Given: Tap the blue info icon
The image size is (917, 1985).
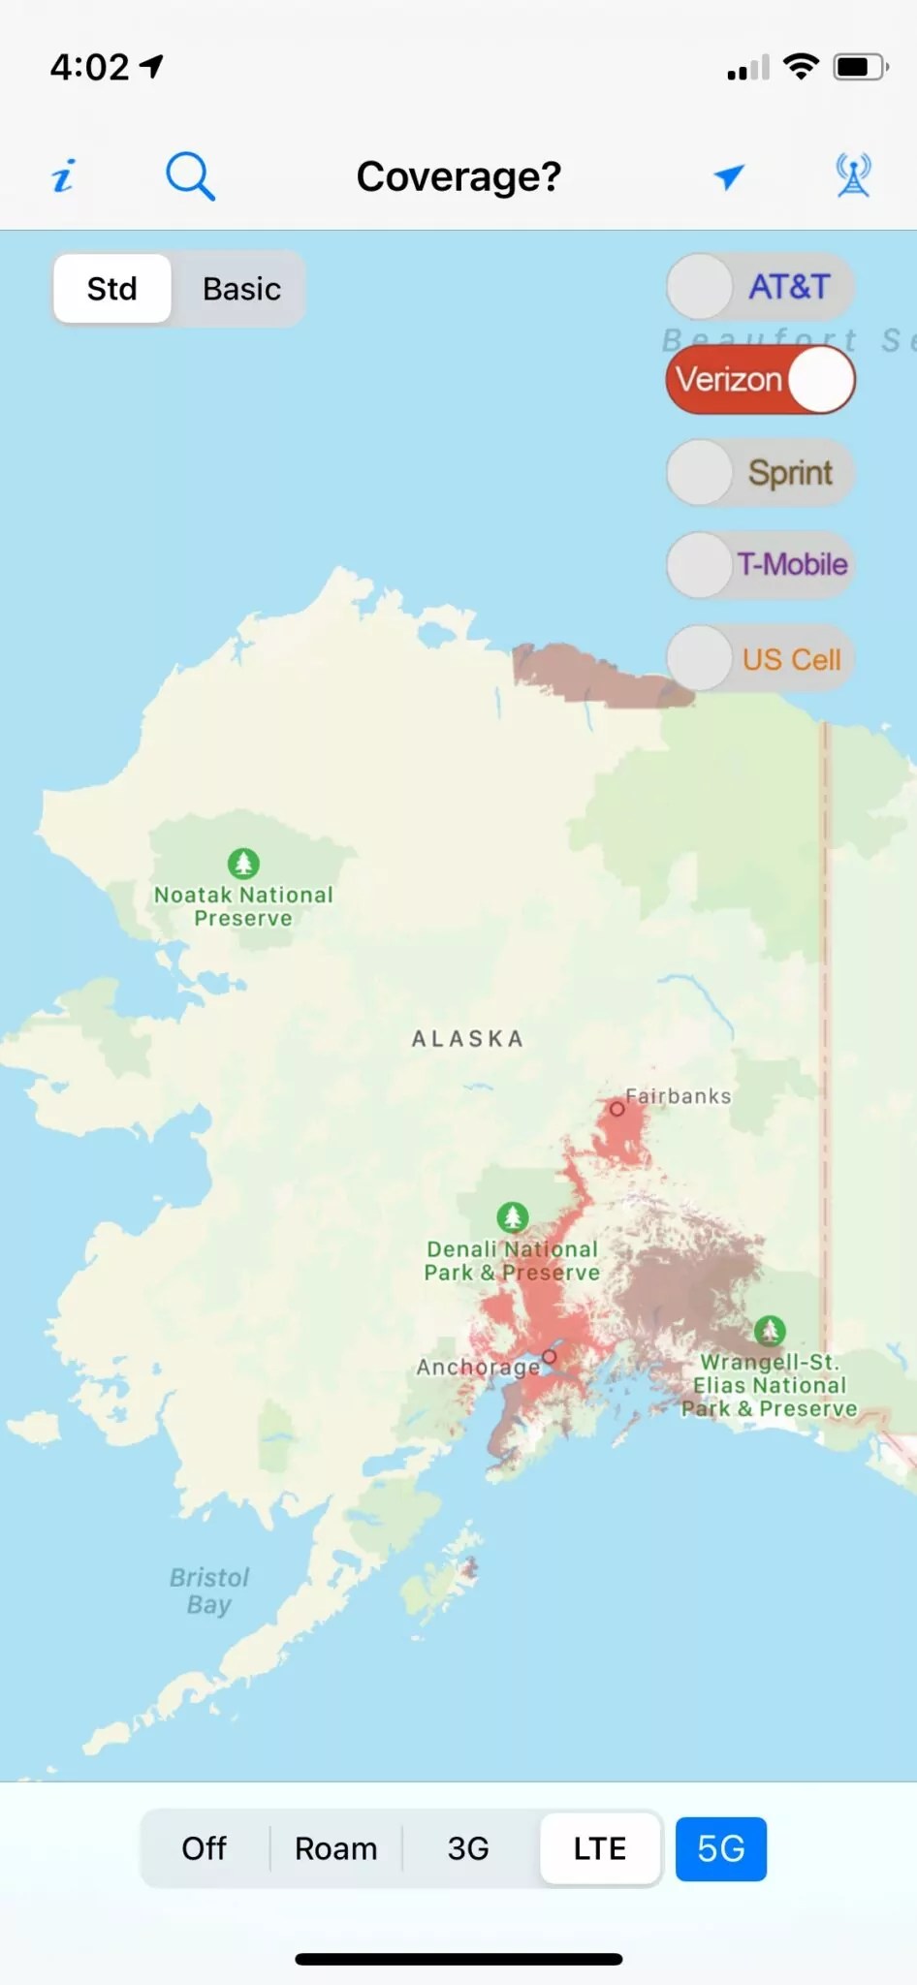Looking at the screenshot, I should (63, 176).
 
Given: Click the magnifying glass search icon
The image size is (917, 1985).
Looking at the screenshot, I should (190, 176).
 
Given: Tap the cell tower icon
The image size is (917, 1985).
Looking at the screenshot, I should (853, 176).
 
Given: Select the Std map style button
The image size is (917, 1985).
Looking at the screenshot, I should (112, 289).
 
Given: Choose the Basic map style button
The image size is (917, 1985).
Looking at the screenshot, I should (241, 289).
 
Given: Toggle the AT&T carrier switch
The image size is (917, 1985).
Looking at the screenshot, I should (760, 287).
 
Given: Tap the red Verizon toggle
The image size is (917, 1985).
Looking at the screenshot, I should (760, 380).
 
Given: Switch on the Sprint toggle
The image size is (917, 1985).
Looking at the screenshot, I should (760, 473).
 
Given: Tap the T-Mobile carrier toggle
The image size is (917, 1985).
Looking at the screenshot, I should (760, 564).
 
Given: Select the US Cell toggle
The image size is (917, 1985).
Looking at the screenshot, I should (760, 659).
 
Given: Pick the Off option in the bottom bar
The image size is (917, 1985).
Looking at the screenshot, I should (204, 1848).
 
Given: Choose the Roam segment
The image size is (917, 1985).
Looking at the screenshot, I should (335, 1848).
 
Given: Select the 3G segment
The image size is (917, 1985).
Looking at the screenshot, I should (468, 1848).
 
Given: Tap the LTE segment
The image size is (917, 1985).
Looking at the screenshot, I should (600, 1848).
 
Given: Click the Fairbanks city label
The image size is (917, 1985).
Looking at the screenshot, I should (678, 1096).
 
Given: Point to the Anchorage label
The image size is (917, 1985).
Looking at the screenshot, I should (478, 1367).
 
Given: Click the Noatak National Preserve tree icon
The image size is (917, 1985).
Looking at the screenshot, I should (243, 863).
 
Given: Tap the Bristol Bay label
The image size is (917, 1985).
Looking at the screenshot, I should (209, 1591).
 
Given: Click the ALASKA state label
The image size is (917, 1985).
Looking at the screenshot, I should (468, 1039).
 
